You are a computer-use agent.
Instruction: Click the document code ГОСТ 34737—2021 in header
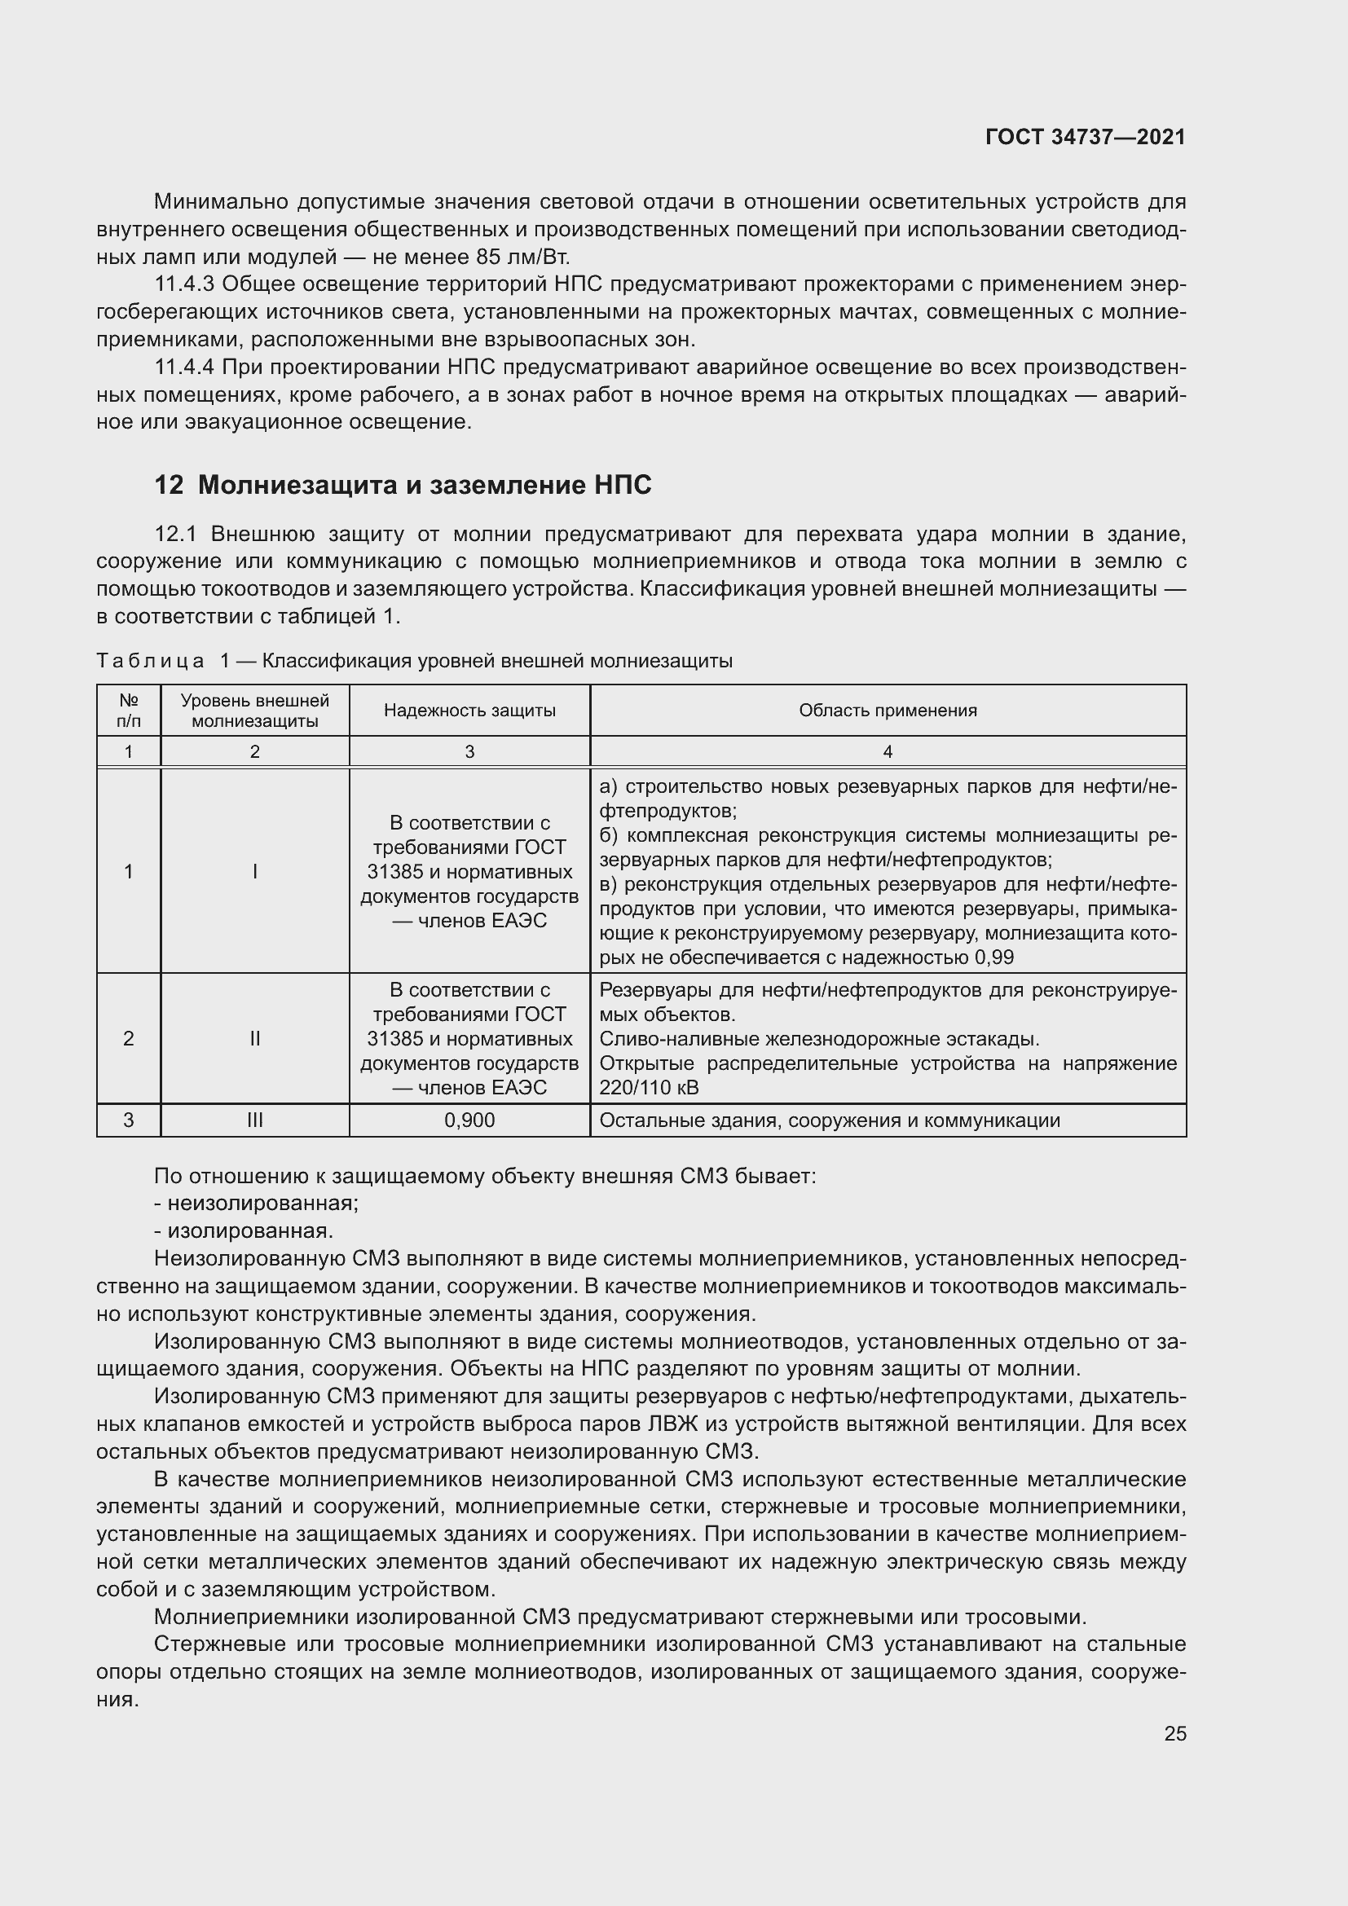(1085, 137)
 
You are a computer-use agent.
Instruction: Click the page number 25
(1174, 1733)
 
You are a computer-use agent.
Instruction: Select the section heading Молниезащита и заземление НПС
(425, 485)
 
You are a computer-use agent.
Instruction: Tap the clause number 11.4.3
(184, 284)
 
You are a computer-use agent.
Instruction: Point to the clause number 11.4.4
(184, 367)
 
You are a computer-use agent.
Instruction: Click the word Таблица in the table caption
(150, 661)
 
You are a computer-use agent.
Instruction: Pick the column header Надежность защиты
(469, 711)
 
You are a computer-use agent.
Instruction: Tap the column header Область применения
(888, 711)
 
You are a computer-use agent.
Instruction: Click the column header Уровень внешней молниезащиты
(255, 711)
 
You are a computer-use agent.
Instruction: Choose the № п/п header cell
(129, 711)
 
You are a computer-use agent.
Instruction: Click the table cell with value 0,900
(469, 1120)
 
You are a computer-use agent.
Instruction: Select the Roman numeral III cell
(255, 1120)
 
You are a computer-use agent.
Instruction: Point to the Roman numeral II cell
(255, 1038)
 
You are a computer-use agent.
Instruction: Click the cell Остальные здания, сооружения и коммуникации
(829, 1120)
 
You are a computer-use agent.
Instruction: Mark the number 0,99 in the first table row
(993, 957)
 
